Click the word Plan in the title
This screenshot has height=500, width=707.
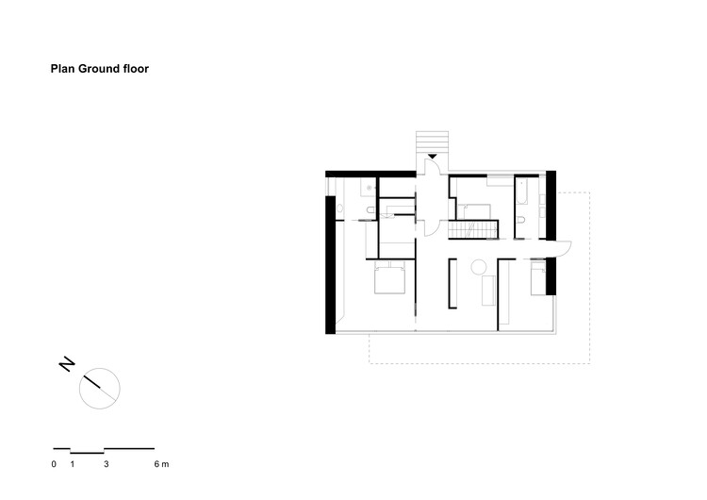click(63, 69)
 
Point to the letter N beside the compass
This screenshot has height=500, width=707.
click(67, 365)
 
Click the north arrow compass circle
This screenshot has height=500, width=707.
click(100, 387)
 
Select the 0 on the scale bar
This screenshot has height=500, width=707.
click(55, 464)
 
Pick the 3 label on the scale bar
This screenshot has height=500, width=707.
click(107, 464)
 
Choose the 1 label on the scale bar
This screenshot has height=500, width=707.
click(72, 464)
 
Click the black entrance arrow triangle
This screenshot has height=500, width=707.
click(432, 156)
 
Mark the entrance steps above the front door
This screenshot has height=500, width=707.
click(431, 142)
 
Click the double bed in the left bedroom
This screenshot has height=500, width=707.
click(391, 280)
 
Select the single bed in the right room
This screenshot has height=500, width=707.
click(538, 279)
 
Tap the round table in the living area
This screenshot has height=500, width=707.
click(479, 266)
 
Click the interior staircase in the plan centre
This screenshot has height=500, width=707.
click(472, 229)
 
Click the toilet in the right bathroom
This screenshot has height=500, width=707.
click(521, 220)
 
